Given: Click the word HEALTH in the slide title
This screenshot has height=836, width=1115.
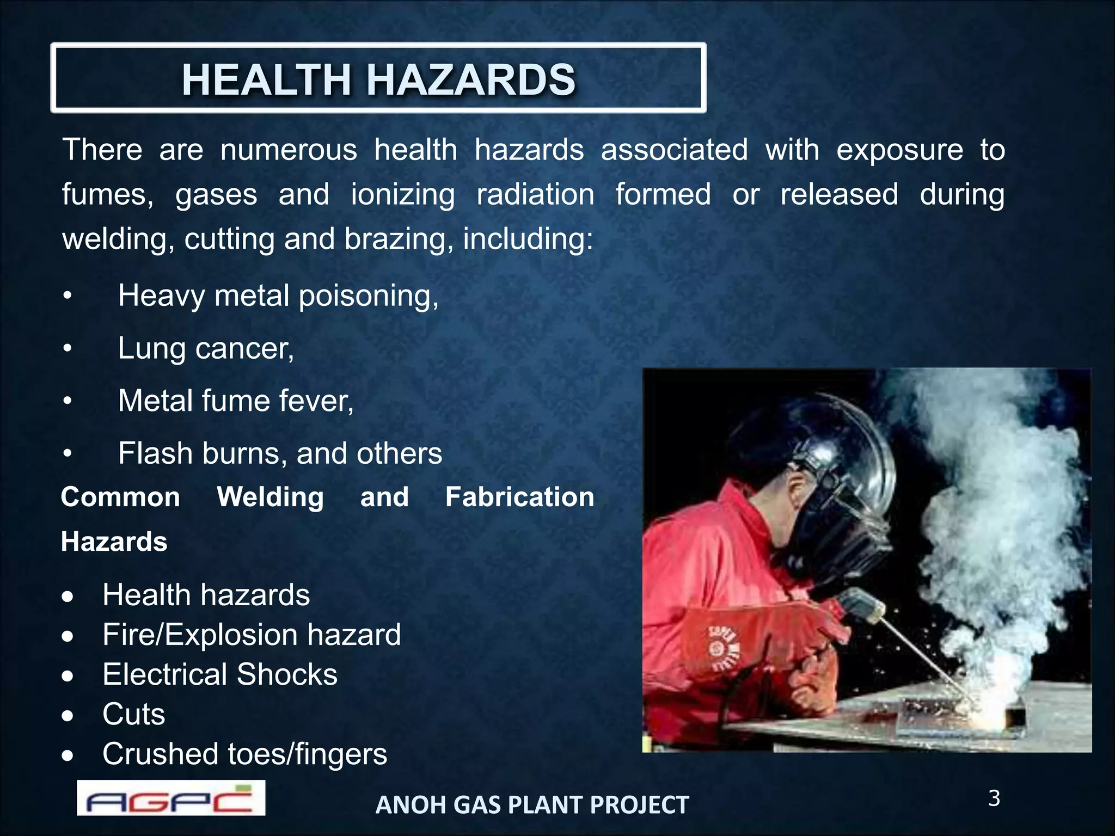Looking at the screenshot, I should pos(267,80).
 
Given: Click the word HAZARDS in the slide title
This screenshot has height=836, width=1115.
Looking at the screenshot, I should pos(471,80).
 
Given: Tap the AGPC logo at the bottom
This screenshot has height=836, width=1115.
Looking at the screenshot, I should pos(171,798).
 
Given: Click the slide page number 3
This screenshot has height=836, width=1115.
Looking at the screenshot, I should pos(994,798).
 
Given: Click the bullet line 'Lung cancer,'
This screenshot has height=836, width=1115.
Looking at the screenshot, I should pos(206,348).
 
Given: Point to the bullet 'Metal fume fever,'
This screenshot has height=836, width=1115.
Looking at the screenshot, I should pos(236,401).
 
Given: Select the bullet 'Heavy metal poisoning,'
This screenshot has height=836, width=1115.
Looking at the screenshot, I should pos(278,296).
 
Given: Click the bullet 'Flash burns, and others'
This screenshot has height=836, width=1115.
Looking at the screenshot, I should pos(280,453).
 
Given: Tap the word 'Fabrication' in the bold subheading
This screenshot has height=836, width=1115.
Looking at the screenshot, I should pos(519,497).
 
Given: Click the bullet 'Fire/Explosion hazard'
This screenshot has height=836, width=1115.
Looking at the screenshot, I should pos(252,635).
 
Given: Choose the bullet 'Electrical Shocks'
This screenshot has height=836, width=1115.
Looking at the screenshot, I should pos(220,674).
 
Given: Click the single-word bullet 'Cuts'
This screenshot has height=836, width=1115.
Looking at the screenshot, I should pos(133,714).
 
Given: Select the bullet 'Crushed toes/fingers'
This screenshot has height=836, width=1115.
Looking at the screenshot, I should pos(244,754).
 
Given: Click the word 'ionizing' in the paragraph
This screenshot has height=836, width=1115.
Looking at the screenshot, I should pos(402,195).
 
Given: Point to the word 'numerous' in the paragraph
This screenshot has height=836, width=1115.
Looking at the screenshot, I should pos(289,150).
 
